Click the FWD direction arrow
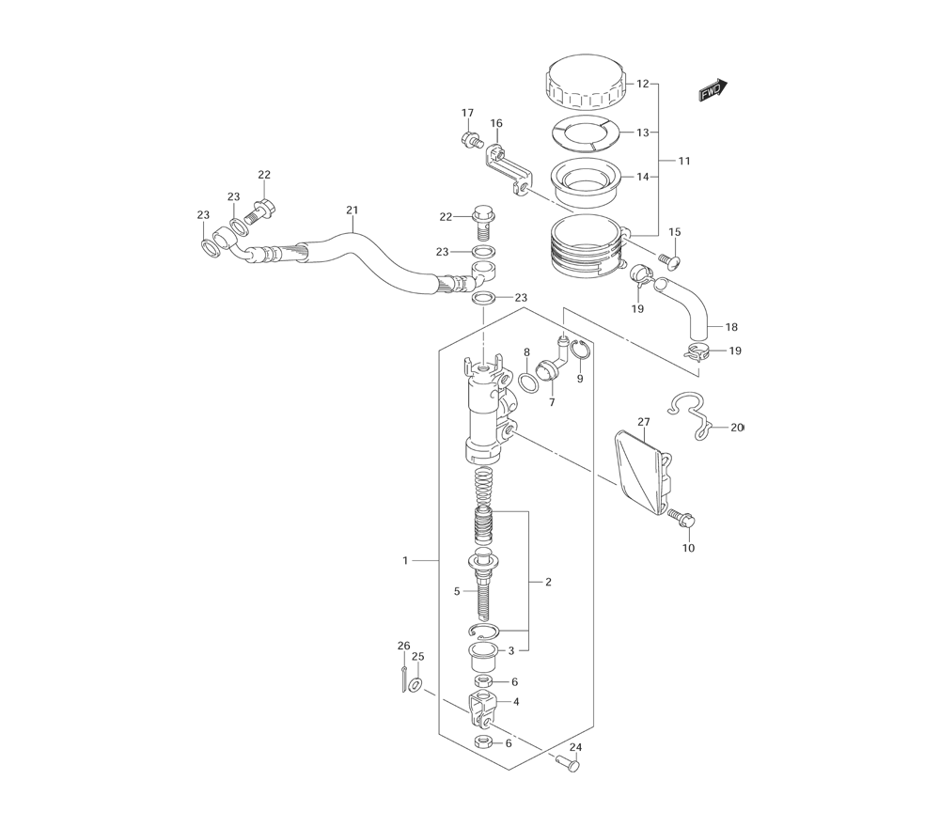coord(713,90)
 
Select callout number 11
coord(684,161)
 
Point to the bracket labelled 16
coord(508,169)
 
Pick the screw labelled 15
coord(669,261)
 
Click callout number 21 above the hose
coord(352,210)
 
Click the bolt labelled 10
coord(681,518)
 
